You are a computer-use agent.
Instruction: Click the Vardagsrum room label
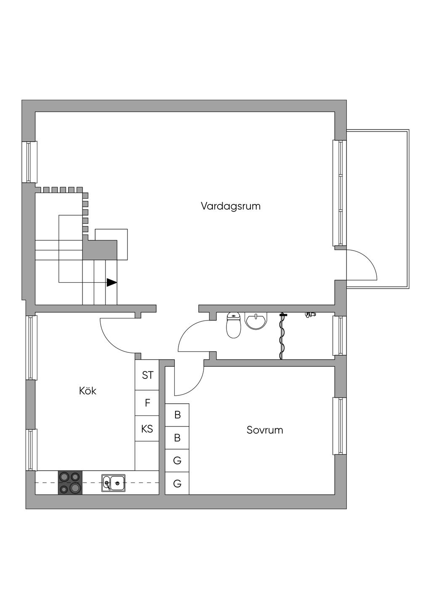coord(230,207)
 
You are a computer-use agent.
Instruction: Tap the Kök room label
coord(88,391)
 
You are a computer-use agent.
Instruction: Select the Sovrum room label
coord(265,430)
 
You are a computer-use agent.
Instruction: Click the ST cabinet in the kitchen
coord(147,375)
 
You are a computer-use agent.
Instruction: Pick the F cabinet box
coord(147,403)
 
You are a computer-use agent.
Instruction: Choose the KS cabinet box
coord(147,429)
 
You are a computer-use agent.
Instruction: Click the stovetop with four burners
coord(70,482)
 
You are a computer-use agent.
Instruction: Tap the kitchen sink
coord(113,483)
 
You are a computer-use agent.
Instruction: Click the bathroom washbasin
coord(256,321)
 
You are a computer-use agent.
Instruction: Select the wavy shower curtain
coord(282,336)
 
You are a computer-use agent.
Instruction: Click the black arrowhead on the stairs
coord(112,283)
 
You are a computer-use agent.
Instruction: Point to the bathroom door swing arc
coord(187,332)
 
